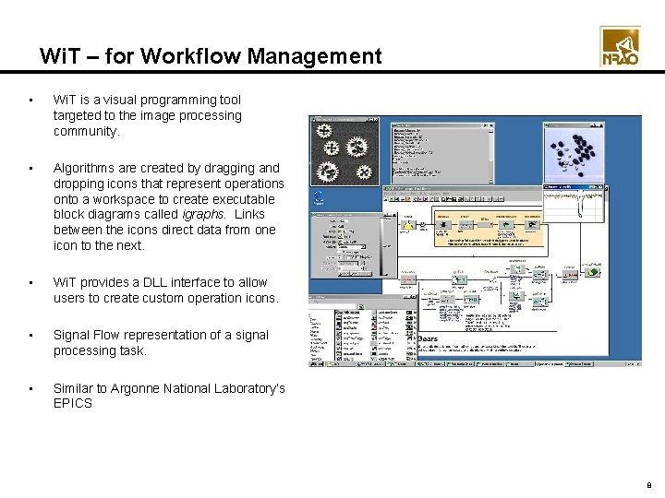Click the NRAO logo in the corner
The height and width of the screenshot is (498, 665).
click(620, 46)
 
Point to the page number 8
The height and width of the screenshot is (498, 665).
click(649, 481)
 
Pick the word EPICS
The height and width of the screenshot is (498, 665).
click(73, 404)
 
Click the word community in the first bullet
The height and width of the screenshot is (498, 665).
click(86, 131)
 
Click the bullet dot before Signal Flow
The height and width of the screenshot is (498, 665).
click(31, 336)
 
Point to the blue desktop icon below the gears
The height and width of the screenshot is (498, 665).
click(319, 196)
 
